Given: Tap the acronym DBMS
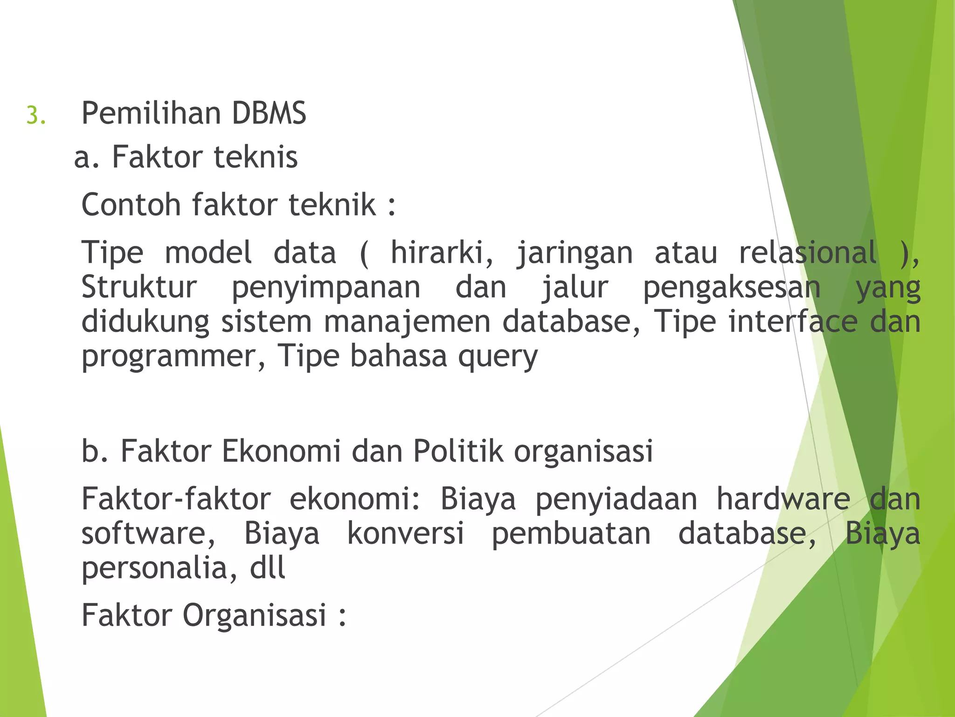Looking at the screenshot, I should pos(269,113).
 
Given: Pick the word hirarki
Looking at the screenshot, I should pos(441,253).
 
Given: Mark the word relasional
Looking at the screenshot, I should pos(808,253).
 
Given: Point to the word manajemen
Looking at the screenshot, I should pos(407,323).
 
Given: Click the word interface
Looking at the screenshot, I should pos(793,322).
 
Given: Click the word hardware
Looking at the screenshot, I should pos(783,499).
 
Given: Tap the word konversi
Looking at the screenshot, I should pos(405,533).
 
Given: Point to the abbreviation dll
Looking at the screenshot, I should pos(268,568).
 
